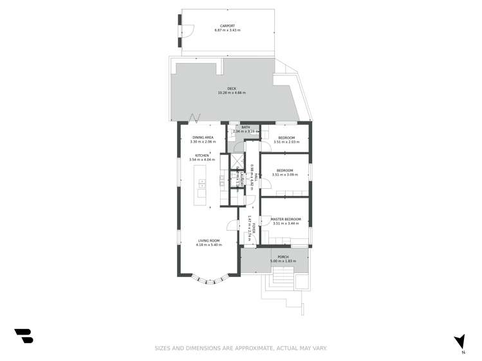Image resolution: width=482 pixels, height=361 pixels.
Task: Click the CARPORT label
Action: coord(227,26)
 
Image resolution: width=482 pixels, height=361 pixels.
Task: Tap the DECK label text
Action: coord(232,89)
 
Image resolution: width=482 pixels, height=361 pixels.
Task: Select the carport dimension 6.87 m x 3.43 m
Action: coord(227,30)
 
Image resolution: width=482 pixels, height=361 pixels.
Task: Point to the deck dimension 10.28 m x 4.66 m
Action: coord(232,93)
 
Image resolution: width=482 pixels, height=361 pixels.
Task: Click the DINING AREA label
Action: coord(201,137)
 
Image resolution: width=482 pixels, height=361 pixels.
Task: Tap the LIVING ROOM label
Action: coord(209,240)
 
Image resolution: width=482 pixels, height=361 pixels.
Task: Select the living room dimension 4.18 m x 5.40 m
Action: coord(209,245)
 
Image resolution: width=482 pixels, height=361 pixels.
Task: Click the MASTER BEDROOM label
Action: coord(286,219)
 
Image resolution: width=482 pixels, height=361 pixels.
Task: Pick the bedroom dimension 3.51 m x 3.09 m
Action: coord(286,174)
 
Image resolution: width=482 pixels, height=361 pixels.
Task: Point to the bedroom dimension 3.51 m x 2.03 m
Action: coord(286,142)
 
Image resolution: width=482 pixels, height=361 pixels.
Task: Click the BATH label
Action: coord(245,127)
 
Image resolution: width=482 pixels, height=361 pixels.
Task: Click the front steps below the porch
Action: coord(282,277)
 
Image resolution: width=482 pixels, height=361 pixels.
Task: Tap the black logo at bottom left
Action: coord(24,335)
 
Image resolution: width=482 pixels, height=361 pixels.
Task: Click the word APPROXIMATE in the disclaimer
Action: coord(246,348)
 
